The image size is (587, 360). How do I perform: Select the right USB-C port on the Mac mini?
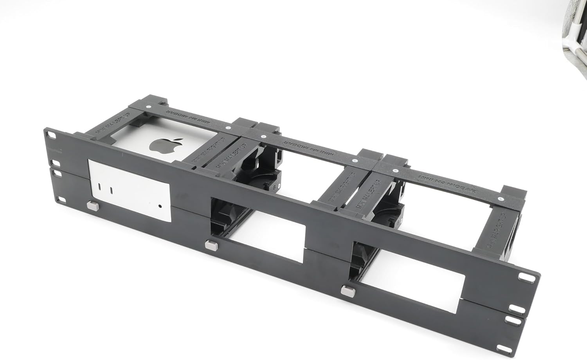click(x=112, y=191)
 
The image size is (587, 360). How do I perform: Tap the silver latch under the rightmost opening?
click(x=346, y=290)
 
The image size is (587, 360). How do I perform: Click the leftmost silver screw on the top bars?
click(x=148, y=106)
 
